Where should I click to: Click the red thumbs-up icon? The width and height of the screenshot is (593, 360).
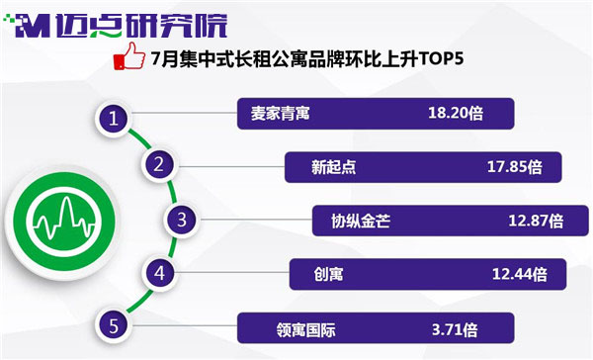point(129,56)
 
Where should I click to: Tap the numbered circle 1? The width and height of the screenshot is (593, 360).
point(114,119)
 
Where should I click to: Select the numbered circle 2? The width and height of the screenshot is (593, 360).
point(159,164)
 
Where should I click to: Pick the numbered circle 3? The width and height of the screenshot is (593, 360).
point(182,220)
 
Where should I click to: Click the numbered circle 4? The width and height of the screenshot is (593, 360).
point(159,273)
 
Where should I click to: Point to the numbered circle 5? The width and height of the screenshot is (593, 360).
point(114,326)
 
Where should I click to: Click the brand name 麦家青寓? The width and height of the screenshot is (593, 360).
point(281,113)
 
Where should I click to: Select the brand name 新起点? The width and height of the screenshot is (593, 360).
point(334,167)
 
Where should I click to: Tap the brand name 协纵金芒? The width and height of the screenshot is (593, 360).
point(361,221)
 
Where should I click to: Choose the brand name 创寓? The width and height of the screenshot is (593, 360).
point(328,274)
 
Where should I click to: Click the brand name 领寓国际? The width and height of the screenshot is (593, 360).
point(305,329)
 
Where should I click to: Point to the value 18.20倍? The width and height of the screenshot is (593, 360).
point(456,113)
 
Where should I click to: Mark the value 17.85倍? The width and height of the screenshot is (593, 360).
point(514,167)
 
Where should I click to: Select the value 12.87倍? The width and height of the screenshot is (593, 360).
point(536,221)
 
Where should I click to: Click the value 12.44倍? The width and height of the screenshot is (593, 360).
point(519,274)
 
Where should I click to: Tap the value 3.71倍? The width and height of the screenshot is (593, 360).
point(455,329)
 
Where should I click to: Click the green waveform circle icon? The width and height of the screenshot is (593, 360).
point(64,222)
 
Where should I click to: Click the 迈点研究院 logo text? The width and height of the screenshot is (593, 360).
point(141,26)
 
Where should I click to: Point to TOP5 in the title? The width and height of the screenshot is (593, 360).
point(440,58)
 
